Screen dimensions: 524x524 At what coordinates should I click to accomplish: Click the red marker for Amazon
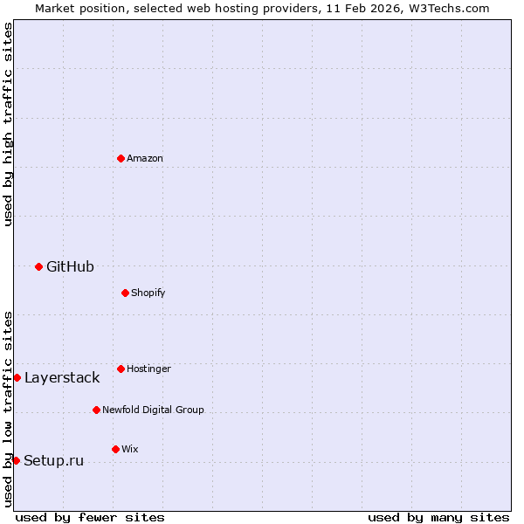pos(121,158)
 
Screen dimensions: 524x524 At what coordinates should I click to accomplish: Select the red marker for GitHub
pos(38,266)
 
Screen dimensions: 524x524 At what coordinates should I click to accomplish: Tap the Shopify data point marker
pos(125,293)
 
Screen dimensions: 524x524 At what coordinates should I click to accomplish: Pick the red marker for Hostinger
pos(121,369)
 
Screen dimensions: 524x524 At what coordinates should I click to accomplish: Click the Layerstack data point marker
pos(17,377)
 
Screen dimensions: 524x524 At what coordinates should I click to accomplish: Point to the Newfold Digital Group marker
pos(96,410)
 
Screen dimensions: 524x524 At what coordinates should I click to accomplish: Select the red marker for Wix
pos(115,449)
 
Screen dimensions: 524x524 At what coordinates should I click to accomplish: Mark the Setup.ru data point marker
pos(16,460)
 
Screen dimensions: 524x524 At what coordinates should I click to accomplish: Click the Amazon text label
pos(145,158)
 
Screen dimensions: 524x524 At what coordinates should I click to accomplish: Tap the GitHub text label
pos(70,266)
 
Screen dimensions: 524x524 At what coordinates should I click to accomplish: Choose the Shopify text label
pos(148,293)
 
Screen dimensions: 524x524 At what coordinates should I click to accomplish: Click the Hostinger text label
pos(148,369)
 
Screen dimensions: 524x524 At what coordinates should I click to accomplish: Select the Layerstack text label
pos(62,377)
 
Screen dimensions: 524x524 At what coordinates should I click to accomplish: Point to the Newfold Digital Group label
pos(153,410)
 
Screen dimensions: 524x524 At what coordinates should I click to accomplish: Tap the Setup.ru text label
pos(53,460)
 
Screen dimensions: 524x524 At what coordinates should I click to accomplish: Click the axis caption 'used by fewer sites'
pos(90,517)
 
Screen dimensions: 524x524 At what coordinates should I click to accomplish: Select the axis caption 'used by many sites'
pos(438,517)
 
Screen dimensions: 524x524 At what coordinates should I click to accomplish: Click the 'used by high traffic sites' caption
pos(8,124)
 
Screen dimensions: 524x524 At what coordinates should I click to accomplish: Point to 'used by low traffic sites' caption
pos(8,409)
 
